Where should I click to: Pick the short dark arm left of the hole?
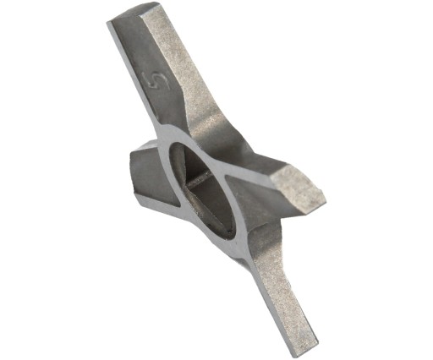[x=152, y=174]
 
